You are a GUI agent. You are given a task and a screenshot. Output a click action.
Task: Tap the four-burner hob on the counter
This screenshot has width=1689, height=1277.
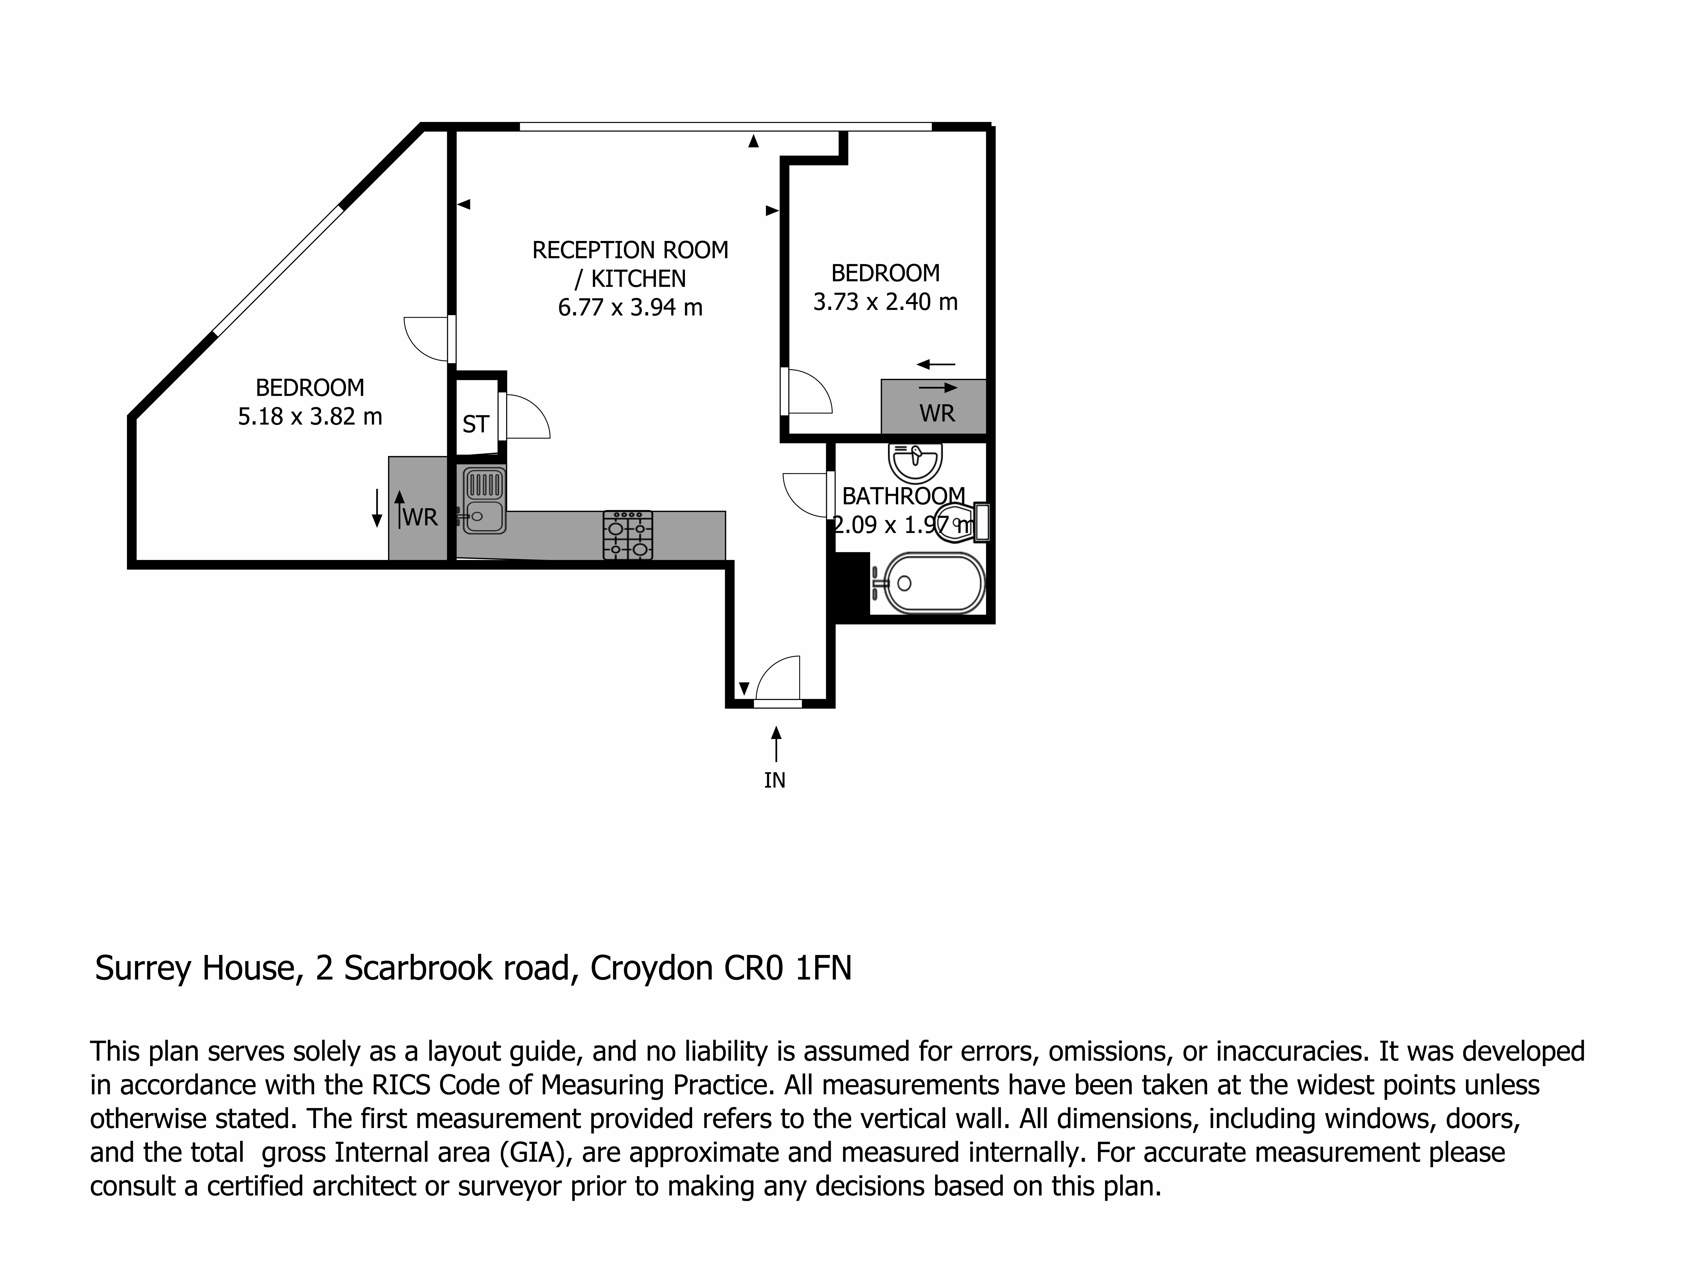[628, 535]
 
